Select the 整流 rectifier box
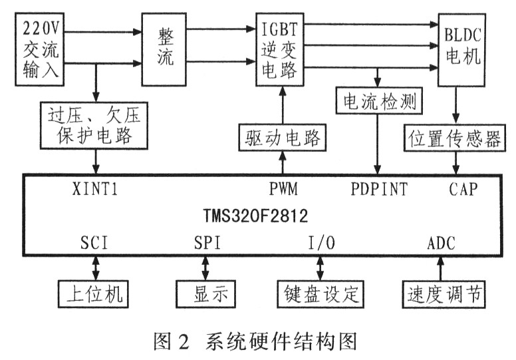(166, 47)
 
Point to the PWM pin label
(283, 188)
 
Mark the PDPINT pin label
(379, 188)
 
